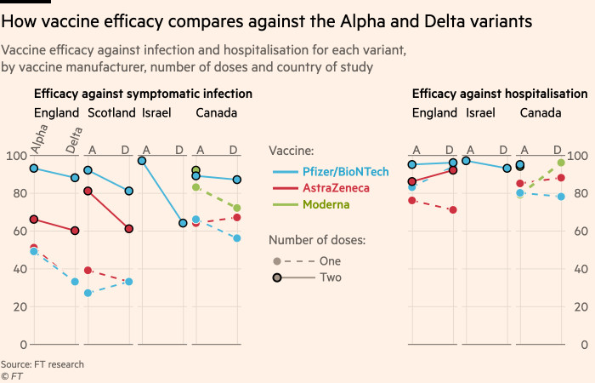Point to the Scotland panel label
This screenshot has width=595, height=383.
(x=110, y=112)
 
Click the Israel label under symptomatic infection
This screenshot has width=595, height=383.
(x=155, y=112)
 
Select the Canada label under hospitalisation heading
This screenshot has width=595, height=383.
(x=540, y=112)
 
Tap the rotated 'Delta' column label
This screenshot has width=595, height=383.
(x=75, y=139)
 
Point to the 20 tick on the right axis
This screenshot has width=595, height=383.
(x=579, y=307)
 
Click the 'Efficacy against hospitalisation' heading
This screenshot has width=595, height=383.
(x=500, y=94)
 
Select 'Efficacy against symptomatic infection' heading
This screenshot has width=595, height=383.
(x=143, y=94)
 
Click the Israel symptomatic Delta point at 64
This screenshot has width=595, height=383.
(x=183, y=223)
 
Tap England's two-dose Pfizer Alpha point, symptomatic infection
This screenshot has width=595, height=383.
(x=34, y=169)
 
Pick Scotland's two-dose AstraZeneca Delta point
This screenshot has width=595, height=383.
(x=129, y=229)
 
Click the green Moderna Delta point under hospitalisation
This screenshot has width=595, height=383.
(x=560, y=163)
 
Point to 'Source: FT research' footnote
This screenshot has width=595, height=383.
(x=42, y=364)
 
